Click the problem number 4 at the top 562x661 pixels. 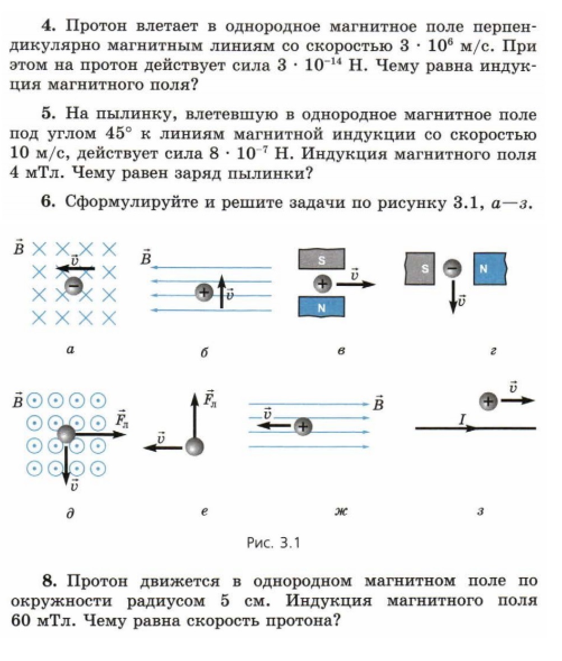(x=48, y=26)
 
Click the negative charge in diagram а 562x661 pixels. (x=73, y=286)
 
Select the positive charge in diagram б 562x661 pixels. (x=204, y=292)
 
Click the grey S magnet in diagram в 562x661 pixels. (x=321, y=260)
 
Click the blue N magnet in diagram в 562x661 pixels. (x=321, y=307)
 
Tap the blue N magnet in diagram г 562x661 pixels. (x=490, y=269)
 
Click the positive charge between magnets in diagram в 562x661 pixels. (x=322, y=284)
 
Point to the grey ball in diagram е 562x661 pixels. (x=194, y=447)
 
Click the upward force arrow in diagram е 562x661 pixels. (x=194, y=415)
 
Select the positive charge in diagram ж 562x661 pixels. (x=303, y=426)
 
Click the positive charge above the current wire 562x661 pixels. (x=489, y=401)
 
